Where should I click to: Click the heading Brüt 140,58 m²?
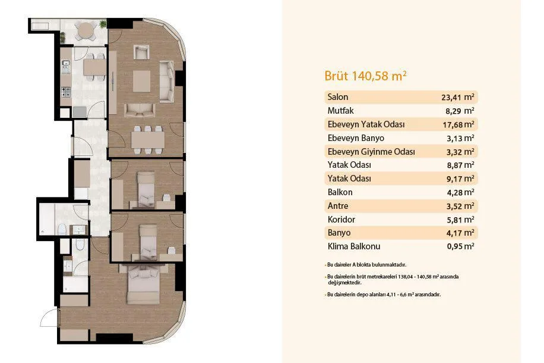click(x=365, y=76)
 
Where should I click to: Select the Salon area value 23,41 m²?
click(x=458, y=97)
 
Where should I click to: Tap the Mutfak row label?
click(x=340, y=111)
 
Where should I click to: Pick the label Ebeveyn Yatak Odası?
click(x=366, y=124)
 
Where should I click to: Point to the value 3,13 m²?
click(x=460, y=138)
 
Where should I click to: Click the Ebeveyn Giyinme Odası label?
click(x=371, y=152)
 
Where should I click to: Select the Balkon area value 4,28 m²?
click(x=460, y=192)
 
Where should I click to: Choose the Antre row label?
click(x=337, y=206)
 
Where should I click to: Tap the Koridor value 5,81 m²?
click(x=460, y=220)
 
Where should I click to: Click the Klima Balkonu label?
click(x=354, y=246)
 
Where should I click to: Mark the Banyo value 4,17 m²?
click(x=460, y=233)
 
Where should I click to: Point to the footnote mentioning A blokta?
click(x=366, y=265)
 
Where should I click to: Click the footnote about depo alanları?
click(x=384, y=295)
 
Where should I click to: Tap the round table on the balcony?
click(x=86, y=30)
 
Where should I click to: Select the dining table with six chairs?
click(x=148, y=140)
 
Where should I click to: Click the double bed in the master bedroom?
click(x=144, y=284)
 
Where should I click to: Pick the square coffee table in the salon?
click(x=141, y=82)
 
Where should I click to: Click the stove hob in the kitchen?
click(x=66, y=92)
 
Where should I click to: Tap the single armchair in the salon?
click(x=141, y=52)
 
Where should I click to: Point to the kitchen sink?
click(x=65, y=67)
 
